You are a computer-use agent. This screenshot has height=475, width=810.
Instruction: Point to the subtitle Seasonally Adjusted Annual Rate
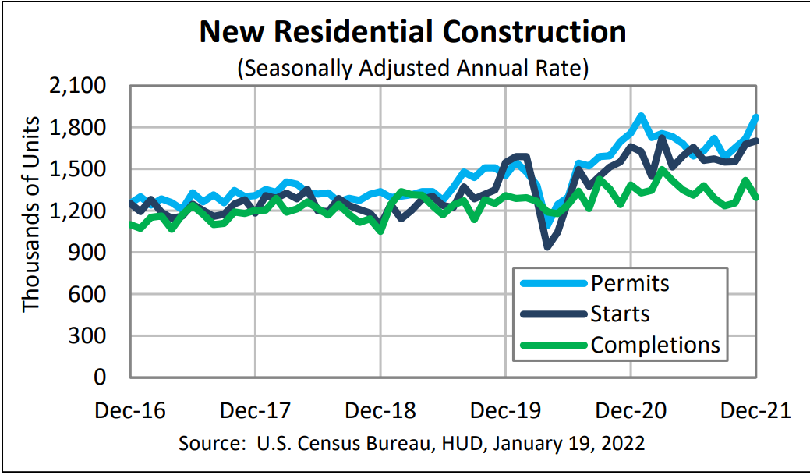[x=412, y=68]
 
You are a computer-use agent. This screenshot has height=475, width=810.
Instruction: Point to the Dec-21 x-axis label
[x=754, y=410]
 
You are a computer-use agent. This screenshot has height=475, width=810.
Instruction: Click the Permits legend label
[x=630, y=282]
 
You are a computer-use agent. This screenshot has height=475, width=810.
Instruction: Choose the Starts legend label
[x=621, y=314]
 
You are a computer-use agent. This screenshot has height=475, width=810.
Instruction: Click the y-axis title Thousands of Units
[x=30, y=214]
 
